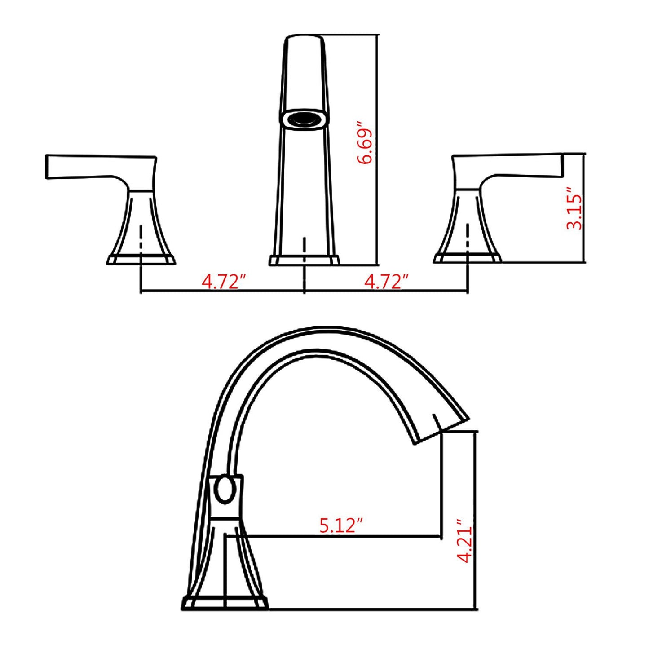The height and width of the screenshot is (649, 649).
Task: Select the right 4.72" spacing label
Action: tap(386, 282)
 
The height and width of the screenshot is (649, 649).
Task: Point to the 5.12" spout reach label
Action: tap(341, 525)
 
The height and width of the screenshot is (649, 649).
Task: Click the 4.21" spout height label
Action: tap(465, 541)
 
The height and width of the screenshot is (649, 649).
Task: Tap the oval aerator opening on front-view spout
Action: tap(305, 119)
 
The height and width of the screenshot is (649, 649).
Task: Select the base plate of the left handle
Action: tap(141, 260)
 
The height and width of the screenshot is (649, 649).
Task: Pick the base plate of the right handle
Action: tap(468, 258)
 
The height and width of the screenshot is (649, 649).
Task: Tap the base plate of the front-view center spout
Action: tap(305, 260)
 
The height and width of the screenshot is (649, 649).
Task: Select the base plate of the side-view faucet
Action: tap(225, 603)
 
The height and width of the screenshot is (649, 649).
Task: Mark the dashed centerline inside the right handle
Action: tap(468, 236)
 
